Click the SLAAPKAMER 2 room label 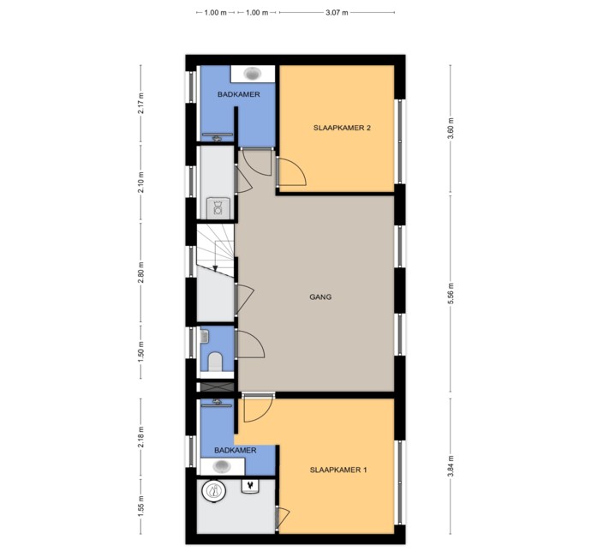[x=342, y=128]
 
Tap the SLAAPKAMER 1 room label [x=338, y=470]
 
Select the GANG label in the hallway [x=320, y=297]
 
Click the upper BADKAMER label [x=239, y=94]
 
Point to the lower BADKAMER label [x=236, y=450]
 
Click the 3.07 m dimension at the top [x=337, y=13]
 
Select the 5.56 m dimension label [x=451, y=293]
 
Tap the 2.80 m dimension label [x=141, y=272]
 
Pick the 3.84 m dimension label [x=451, y=466]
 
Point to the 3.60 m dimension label [x=451, y=129]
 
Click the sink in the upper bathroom [x=253, y=73]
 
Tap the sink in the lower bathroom [x=222, y=466]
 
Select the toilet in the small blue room [x=215, y=362]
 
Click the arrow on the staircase [x=215, y=268]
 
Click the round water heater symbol [x=214, y=491]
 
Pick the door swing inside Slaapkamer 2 [x=292, y=172]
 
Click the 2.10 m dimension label [x=141, y=183]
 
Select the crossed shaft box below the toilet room [x=217, y=387]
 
